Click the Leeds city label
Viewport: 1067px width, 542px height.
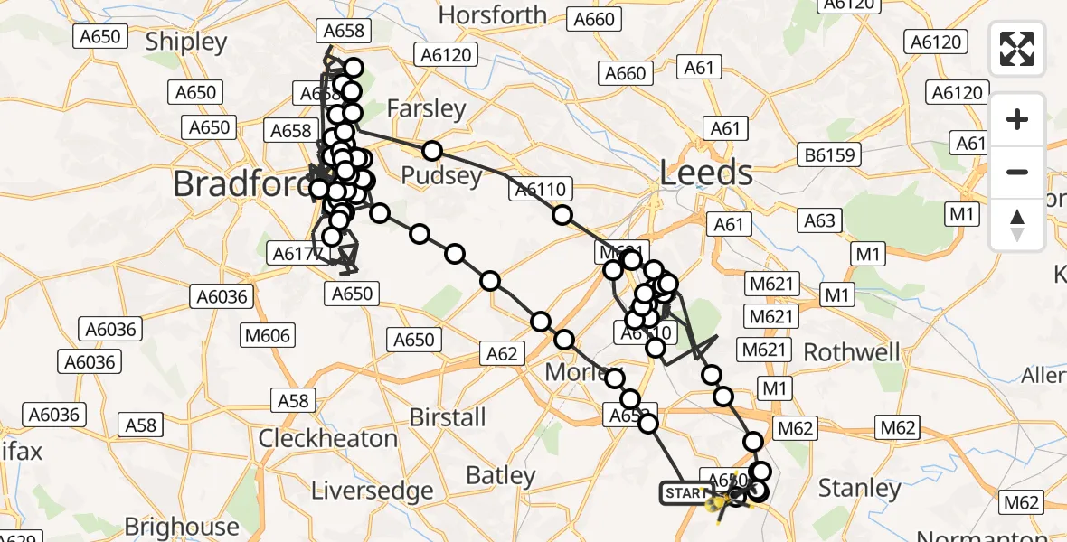(706, 172)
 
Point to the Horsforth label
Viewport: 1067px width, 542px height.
(493, 15)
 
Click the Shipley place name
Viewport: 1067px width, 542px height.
(185, 42)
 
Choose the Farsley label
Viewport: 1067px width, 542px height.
(426, 109)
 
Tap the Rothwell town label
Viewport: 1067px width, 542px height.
(852, 351)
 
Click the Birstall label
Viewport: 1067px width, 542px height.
(448, 417)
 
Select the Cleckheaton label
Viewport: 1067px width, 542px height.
(328, 439)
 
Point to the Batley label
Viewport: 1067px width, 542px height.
(500, 475)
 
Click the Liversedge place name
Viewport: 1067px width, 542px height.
(372, 491)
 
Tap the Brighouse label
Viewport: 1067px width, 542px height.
(182, 527)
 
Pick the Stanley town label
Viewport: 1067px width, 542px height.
(859, 489)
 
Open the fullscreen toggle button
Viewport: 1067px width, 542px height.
(1017, 49)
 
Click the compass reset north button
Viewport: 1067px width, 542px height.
(1017, 224)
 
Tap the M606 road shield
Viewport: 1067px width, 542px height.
(268, 336)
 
